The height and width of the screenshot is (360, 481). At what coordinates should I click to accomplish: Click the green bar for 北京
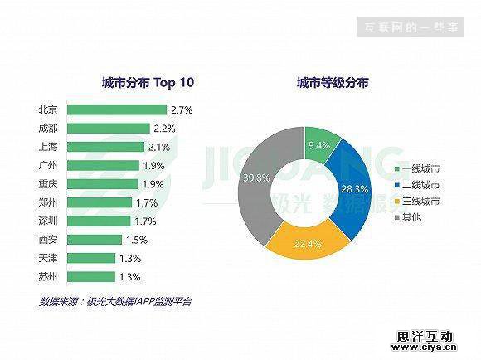tap(116, 109)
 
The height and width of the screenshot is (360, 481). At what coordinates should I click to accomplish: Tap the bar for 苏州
tap(91, 276)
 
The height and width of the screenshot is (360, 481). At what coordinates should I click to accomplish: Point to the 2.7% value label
tap(181, 109)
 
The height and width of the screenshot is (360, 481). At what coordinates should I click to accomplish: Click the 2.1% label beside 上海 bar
tap(159, 147)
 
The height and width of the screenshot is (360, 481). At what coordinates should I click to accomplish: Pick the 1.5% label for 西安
tap(137, 240)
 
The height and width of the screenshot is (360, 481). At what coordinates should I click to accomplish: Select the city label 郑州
tap(48, 202)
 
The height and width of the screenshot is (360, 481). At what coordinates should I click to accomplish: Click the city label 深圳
tap(48, 221)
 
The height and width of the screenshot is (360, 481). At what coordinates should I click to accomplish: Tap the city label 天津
tap(48, 258)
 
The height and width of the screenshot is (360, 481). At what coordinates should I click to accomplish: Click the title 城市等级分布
tap(333, 83)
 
